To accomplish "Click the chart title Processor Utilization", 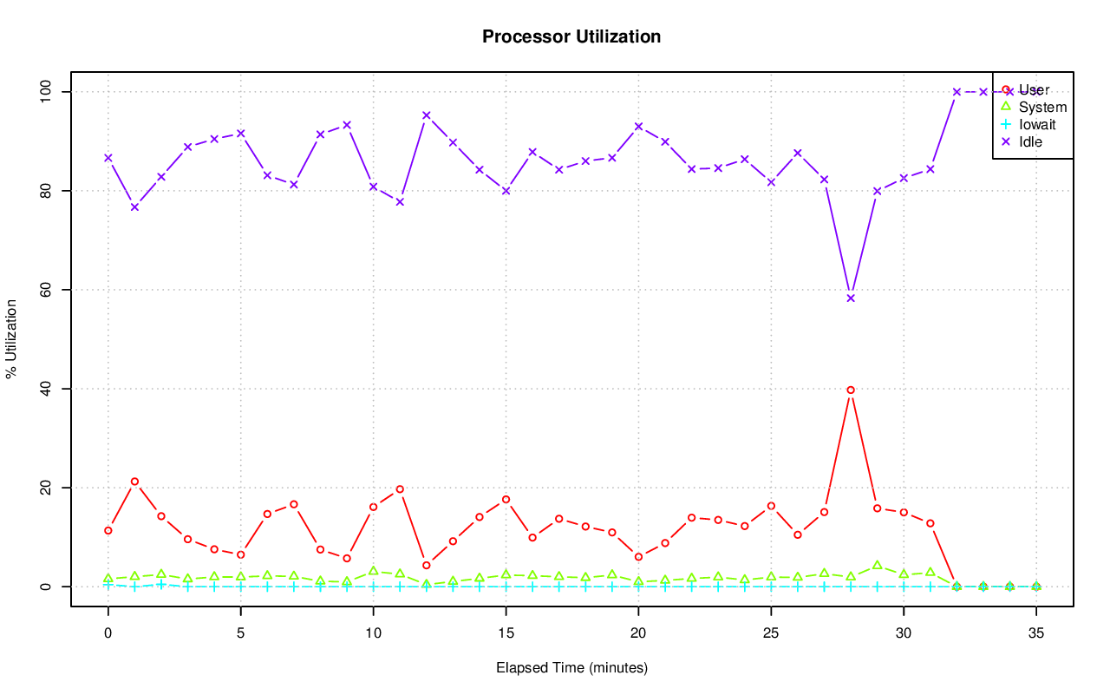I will pyautogui.click(x=571, y=37).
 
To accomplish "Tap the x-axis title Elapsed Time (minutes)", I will pyautogui.click(x=571, y=668).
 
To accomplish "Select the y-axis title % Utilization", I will pyautogui.click(x=11, y=339).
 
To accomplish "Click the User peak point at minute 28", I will pyautogui.click(x=851, y=390).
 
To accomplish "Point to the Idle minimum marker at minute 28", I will pyautogui.click(x=851, y=298).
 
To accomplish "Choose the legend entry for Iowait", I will pyautogui.click(x=1036, y=124).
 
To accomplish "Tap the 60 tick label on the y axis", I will pyautogui.click(x=45, y=290).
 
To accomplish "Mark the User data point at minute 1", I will pyautogui.click(x=134, y=482).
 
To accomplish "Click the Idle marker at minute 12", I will pyautogui.click(x=427, y=115).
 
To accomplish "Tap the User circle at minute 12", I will pyautogui.click(x=427, y=566).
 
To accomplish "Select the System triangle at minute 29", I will pyautogui.click(x=878, y=566).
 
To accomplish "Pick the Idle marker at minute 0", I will pyautogui.click(x=108, y=158).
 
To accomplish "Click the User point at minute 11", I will pyautogui.click(x=400, y=489).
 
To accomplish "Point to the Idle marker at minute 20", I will pyautogui.click(x=638, y=126).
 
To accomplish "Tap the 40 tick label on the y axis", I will pyautogui.click(x=45, y=389).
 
